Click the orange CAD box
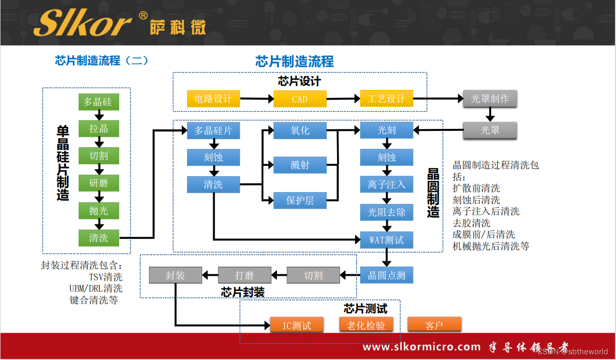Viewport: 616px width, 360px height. pyautogui.click(x=300, y=99)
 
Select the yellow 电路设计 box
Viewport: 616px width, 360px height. pyautogui.click(x=213, y=99)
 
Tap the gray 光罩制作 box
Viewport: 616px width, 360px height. pyautogui.click(x=490, y=99)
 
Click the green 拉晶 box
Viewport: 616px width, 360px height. pyautogui.click(x=99, y=128)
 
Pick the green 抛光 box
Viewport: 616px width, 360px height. pyautogui.click(x=99, y=211)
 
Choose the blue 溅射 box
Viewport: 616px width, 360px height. pyautogui.click(x=300, y=165)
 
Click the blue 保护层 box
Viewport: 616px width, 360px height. pyautogui.click(x=300, y=201)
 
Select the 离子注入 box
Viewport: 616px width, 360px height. pyautogui.click(x=386, y=184)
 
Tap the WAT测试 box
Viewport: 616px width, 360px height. pyautogui.click(x=386, y=240)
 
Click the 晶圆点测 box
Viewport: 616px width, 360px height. pyautogui.click(x=386, y=275)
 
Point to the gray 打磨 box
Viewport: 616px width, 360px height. pyautogui.click(x=245, y=275)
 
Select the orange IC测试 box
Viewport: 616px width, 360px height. pyautogui.click(x=297, y=325)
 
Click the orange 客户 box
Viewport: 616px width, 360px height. pyautogui.click(x=434, y=325)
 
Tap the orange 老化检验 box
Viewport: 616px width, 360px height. pyautogui.click(x=366, y=325)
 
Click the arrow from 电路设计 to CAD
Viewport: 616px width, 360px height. pyautogui.click(x=256, y=99)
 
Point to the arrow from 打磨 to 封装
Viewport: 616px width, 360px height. pyautogui.click(x=210, y=275)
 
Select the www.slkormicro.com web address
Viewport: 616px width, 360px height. pyautogui.click(x=421, y=347)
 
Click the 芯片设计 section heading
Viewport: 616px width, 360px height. pyautogui.click(x=299, y=81)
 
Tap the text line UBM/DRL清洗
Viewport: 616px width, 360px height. pyautogui.click(x=96, y=289)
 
